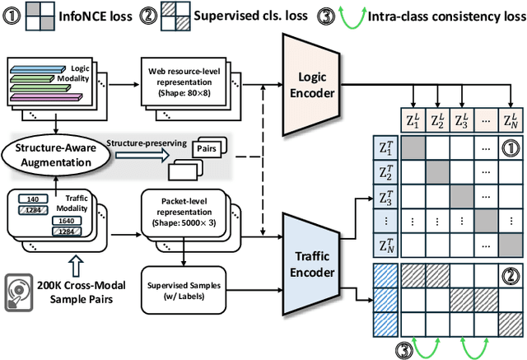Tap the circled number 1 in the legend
point(13,15)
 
